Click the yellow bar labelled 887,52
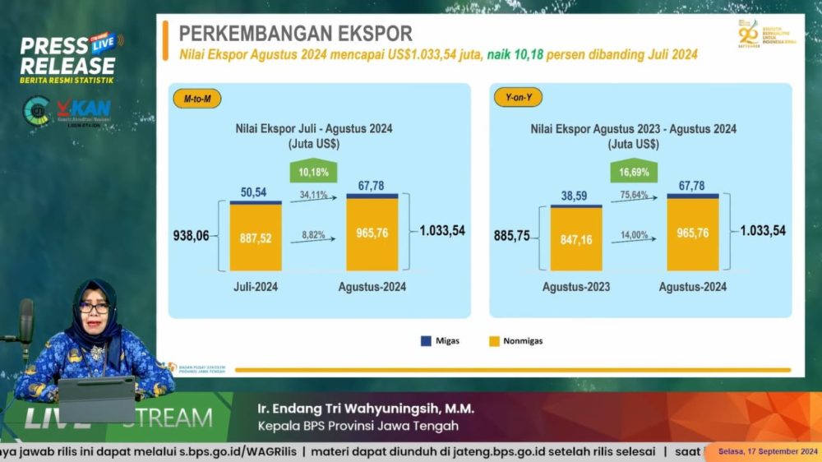click(x=256, y=238)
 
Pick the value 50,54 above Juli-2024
click(x=255, y=191)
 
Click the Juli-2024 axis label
click(x=256, y=287)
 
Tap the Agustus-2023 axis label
click(x=576, y=287)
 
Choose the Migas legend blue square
click(x=426, y=340)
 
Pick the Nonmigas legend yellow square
click(x=495, y=340)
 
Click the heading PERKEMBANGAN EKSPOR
click(x=296, y=34)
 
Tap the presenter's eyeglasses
click(x=94, y=308)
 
